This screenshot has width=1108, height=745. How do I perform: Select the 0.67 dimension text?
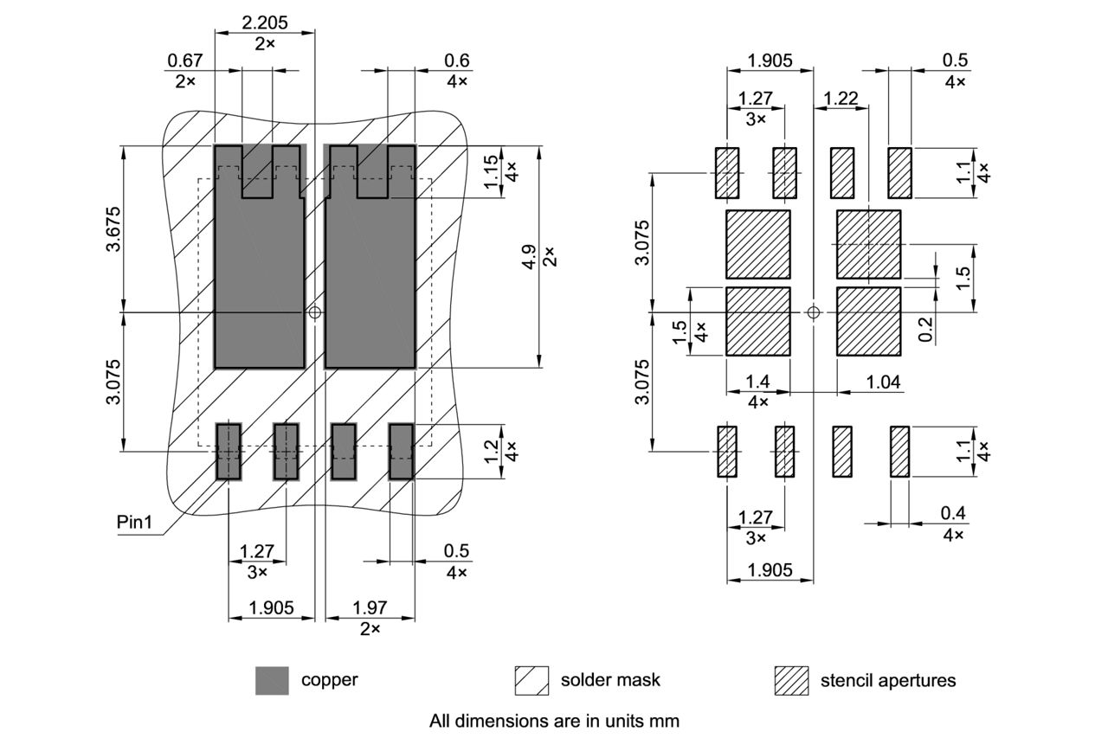[x=184, y=60]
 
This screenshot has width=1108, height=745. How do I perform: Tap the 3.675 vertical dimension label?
[x=113, y=229]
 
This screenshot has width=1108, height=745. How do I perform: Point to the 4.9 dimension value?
[x=529, y=257]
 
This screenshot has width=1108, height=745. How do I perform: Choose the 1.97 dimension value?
[x=370, y=608]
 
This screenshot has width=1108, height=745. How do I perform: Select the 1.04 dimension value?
[x=883, y=382]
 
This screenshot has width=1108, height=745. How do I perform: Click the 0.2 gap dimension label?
[x=926, y=329]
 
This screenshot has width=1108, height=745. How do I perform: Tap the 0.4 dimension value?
[x=953, y=514]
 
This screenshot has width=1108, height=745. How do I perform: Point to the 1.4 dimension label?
[x=757, y=382]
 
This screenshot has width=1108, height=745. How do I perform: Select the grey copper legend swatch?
[x=272, y=680]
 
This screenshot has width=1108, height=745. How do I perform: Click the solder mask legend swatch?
[x=531, y=680]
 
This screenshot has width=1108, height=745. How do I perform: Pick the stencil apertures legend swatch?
[x=791, y=680]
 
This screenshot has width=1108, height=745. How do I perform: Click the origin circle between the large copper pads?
[x=315, y=311]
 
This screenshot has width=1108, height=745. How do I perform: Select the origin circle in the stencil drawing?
[x=813, y=311]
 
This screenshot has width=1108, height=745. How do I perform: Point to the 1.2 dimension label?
[x=492, y=451]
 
